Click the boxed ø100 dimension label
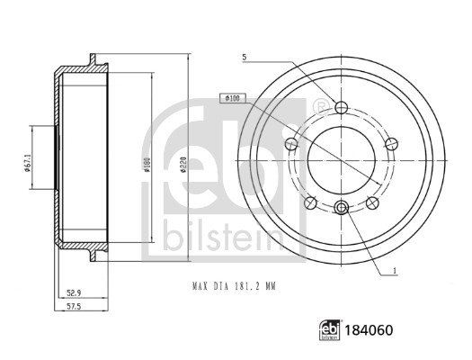click(230, 97)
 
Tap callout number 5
click(244, 58)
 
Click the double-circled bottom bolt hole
click(340, 209)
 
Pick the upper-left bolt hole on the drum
click(290, 144)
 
